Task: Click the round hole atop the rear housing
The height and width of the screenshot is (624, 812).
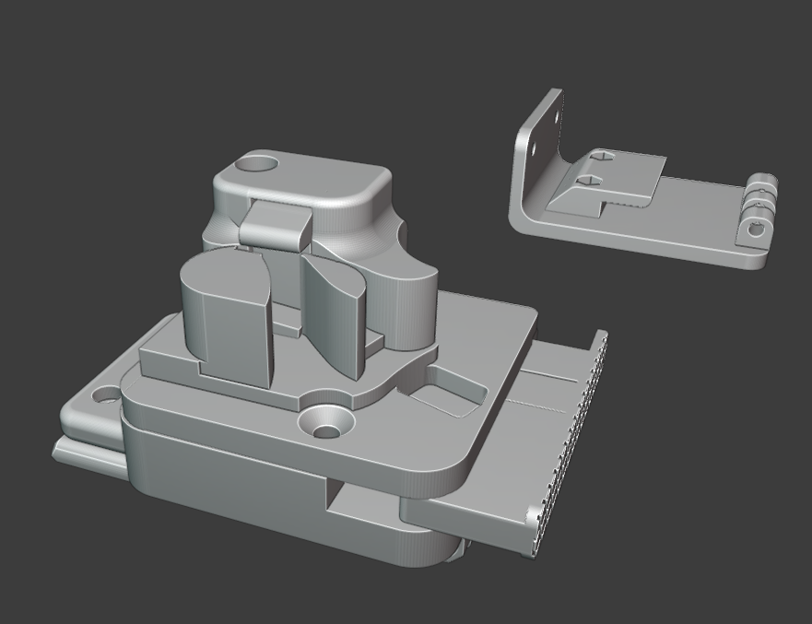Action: click(257, 166)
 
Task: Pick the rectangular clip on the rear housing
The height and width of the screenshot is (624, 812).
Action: click(276, 224)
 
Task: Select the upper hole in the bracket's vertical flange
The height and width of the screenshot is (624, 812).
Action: click(555, 108)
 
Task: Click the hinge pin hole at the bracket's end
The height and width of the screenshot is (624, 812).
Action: click(757, 230)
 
